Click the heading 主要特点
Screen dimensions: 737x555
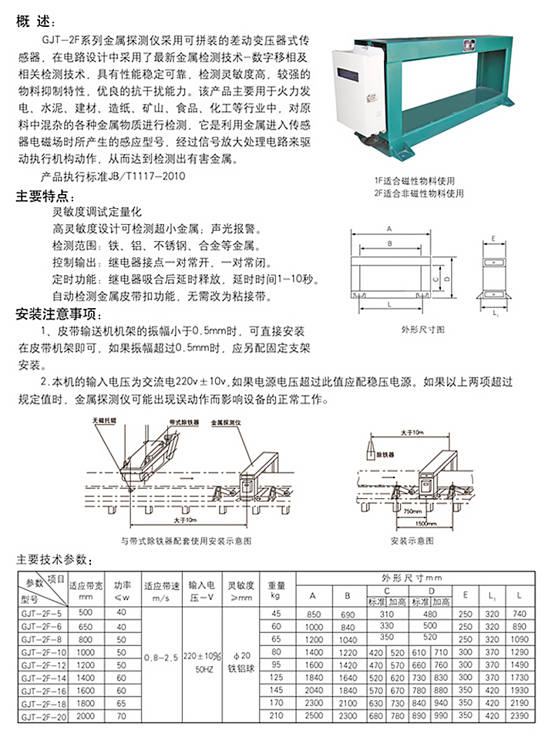point(45,196)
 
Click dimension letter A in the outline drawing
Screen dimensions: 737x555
point(389,229)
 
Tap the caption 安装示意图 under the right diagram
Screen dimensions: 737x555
point(412,541)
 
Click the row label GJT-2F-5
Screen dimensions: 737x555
point(39,613)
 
